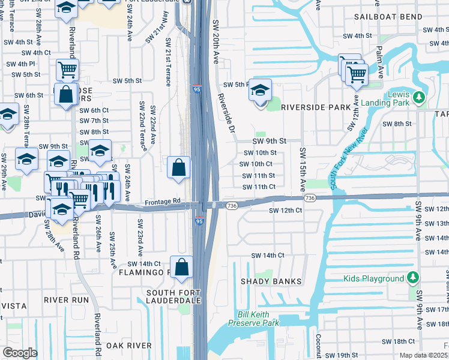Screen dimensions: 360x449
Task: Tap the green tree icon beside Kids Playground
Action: click(x=412, y=278)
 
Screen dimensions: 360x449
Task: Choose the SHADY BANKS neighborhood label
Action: click(x=265, y=281)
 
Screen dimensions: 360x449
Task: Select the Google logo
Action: click(x=20, y=352)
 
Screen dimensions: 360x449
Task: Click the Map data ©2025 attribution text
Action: click(x=424, y=355)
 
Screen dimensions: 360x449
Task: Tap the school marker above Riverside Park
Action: click(x=260, y=92)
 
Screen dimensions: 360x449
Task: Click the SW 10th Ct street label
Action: click(x=256, y=164)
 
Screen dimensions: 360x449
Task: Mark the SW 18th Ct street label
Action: click(x=398, y=341)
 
